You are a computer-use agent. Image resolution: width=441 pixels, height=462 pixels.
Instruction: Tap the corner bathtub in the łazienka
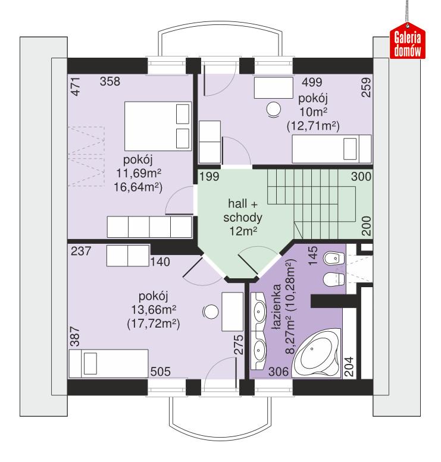coord(319,356)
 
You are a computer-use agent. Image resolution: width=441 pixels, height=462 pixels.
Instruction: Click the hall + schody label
coord(237,216)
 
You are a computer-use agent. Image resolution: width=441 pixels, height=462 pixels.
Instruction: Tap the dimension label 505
coord(160,372)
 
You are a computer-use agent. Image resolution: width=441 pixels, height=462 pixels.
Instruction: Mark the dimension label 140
coord(159,261)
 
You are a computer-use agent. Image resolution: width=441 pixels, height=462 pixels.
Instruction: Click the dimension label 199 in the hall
coord(210,177)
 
